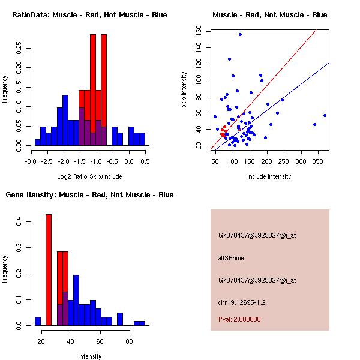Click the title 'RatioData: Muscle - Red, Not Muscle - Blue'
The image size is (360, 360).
point(89,14)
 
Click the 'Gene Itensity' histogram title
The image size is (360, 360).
point(89,195)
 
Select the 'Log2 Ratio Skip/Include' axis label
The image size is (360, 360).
point(89,176)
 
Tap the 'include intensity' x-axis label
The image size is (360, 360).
point(269,176)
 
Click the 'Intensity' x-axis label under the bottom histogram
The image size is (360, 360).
point(89,356)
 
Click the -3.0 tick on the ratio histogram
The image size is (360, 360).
point(32,161)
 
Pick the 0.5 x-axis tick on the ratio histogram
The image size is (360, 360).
point(145,161)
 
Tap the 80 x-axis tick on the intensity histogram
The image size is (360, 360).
point(129,341)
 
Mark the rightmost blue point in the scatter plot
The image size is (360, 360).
point(325,115)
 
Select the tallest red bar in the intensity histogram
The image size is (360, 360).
point(49,270)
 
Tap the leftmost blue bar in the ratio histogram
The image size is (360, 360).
point(38,142)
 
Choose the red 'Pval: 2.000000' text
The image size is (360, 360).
point(239,320)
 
